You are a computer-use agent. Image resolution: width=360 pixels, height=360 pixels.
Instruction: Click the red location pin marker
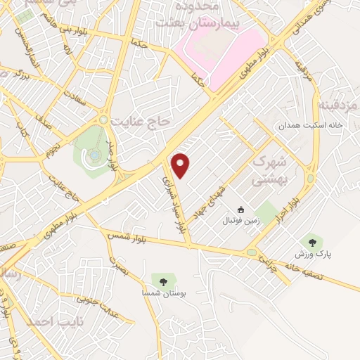181,165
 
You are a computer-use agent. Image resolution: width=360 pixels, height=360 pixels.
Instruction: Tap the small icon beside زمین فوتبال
241,210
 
